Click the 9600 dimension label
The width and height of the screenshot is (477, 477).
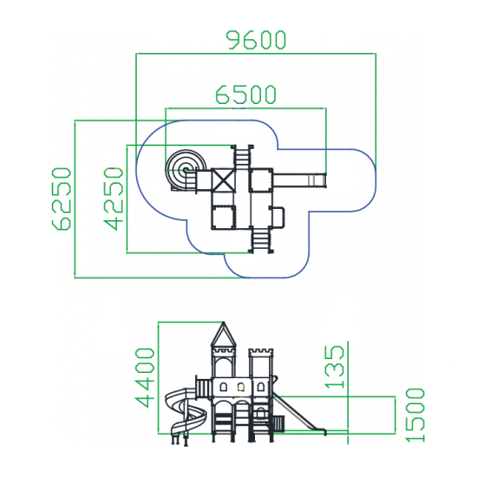[x=256, y=40]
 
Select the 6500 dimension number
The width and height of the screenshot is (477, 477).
[x=245, y=95]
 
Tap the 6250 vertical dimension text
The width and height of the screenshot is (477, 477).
[x=62, y=199]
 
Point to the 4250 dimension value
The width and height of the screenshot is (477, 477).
[x=114, y=199]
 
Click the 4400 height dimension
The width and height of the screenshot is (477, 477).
[x=145, y=378]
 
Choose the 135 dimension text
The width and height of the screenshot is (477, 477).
[x=335, y=367]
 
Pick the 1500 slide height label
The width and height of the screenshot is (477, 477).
[x=415, y=415]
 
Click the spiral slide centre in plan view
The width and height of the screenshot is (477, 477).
[x=185, y=170]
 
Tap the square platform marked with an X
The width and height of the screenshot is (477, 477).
[x=223, y=180]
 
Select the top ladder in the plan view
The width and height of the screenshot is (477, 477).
[x=242, y=156]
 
